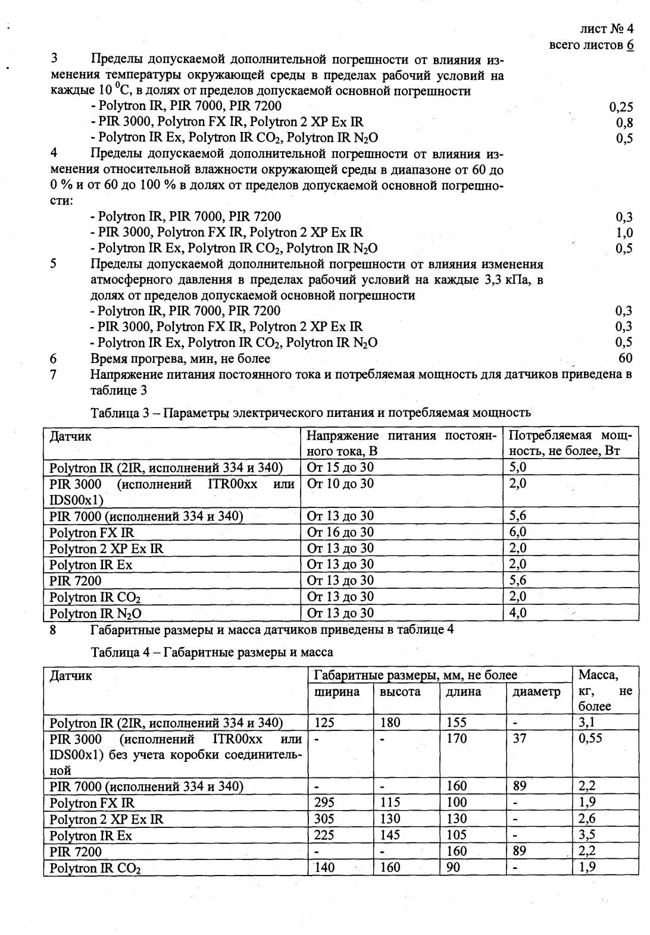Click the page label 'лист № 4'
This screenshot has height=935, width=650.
click(606, 29)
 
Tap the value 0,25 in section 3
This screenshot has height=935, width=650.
click(621, 107)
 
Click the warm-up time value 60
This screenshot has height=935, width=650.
click(626, 358)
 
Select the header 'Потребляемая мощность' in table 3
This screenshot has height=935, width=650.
click(570, 443)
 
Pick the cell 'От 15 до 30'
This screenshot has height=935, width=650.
click(340, 467)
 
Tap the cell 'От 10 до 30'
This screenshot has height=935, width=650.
click(340, 484)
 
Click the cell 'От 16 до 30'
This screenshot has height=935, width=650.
click(340, 532)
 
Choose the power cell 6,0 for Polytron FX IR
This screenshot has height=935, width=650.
click(518, 532)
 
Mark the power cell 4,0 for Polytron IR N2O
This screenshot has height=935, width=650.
click(518, 613)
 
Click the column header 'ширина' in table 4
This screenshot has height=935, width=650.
click(337, 692)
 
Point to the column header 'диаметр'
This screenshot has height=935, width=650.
click(536, 692)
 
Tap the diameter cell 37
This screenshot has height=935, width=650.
click(520, 739)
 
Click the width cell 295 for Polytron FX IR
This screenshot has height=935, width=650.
click(324, 803)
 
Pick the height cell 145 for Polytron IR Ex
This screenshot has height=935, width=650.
click(390, 835)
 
